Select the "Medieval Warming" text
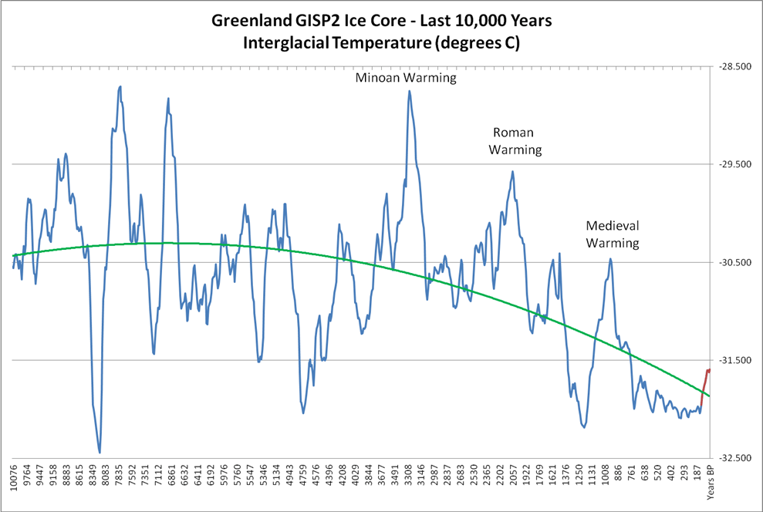coord(613,234)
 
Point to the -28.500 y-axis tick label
coord(734,67)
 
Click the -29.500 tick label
coord(734,164)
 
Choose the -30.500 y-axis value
coord(734,263)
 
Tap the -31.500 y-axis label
coord(734,360)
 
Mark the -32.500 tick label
coord(734,458)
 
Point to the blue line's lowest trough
coord(100,452)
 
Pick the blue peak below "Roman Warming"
coord(511,172)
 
